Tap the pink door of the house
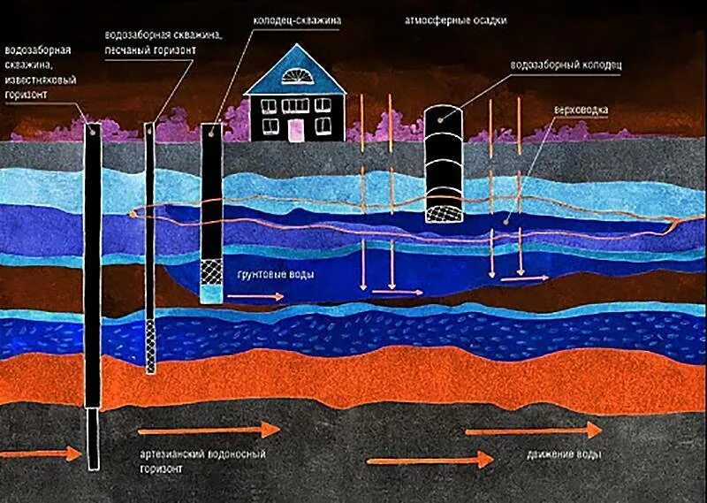click(x=294, y=130)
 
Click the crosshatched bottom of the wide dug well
click(x=444, y=210)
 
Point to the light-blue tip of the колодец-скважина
click(x=211, y=292)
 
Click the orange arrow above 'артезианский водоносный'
click(x=209, y=430)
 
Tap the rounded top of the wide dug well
click(x=444, y=115)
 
